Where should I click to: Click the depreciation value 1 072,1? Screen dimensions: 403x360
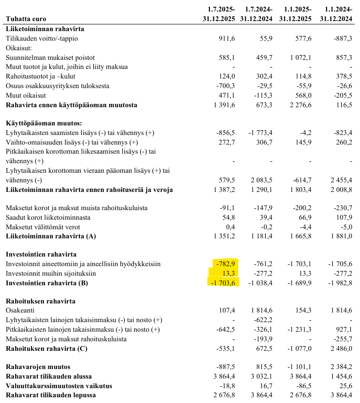[x=298, y=57]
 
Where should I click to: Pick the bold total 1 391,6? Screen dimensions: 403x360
[x=221, y=105]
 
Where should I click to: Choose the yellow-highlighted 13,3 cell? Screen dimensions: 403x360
[x=228, y=274]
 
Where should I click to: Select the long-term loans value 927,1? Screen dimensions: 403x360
[x=343, y=330]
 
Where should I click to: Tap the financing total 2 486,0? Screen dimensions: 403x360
[x=339, y=348]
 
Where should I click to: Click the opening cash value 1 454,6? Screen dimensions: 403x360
[x=339, y=377]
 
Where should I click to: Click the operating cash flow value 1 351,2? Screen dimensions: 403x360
[x=221, y=236]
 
